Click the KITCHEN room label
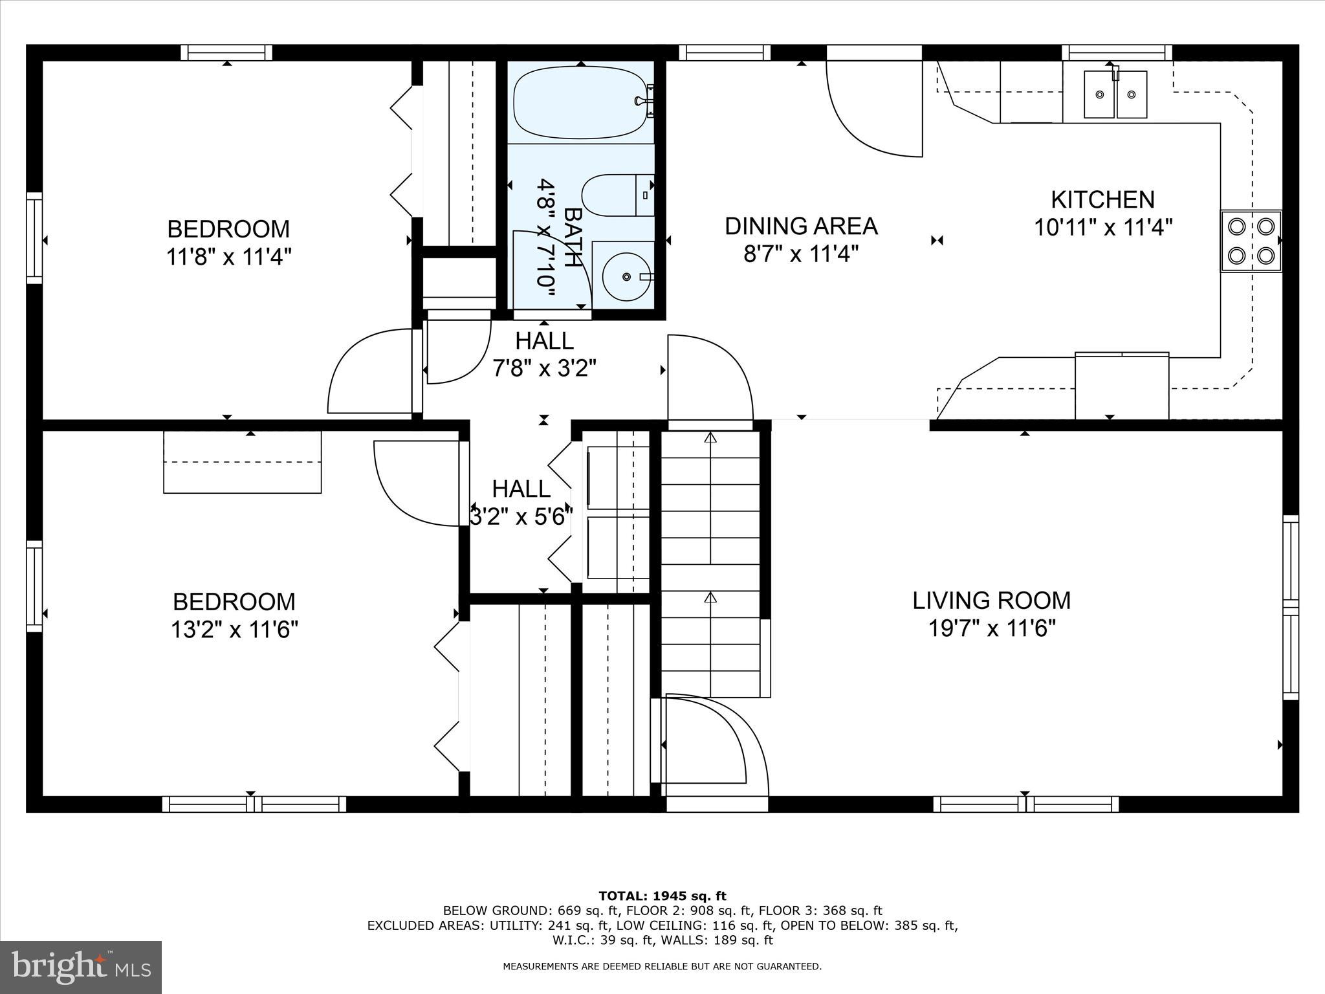1102,199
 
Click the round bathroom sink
625,276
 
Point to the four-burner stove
1250,241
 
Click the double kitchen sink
1115,94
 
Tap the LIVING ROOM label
991,601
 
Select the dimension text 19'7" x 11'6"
991,628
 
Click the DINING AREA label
801,226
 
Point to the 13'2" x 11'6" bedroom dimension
234,630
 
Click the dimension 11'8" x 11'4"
228,257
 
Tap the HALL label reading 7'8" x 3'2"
544,355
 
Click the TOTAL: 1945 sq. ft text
662,896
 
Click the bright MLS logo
81,967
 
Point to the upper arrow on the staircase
710,438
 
